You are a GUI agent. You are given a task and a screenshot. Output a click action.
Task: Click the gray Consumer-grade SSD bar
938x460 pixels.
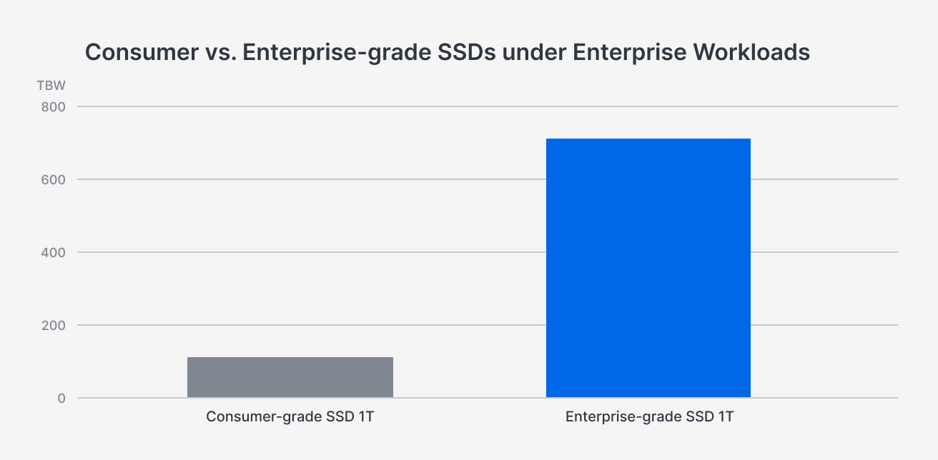[290, 377]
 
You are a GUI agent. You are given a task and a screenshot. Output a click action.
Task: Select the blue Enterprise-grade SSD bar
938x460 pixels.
[648, 268]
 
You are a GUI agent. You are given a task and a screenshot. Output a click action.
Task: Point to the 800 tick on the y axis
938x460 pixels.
[51, 107]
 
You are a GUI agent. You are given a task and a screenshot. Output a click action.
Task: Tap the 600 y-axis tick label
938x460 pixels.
[51, 180]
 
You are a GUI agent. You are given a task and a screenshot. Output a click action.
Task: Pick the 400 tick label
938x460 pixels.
[51, 253]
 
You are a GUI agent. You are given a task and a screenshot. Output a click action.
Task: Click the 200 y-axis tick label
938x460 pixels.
[51, 326]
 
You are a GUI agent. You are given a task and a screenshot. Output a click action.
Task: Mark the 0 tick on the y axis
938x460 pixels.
[61, 399]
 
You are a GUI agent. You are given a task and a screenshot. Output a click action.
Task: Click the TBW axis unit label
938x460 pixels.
[51, 86]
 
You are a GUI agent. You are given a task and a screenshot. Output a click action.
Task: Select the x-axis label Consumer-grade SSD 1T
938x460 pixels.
[290, 416]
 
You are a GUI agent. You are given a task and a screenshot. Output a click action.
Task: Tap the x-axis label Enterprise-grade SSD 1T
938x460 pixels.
[649, 416]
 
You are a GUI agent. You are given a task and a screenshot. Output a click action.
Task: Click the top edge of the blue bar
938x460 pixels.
[648, 139]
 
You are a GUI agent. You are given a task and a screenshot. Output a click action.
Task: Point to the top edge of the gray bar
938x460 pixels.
[290, 358]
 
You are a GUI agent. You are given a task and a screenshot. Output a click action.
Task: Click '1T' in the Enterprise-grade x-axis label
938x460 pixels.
[725, 416]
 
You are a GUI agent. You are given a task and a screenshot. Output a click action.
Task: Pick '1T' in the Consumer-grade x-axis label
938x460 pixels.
[365, 416]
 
